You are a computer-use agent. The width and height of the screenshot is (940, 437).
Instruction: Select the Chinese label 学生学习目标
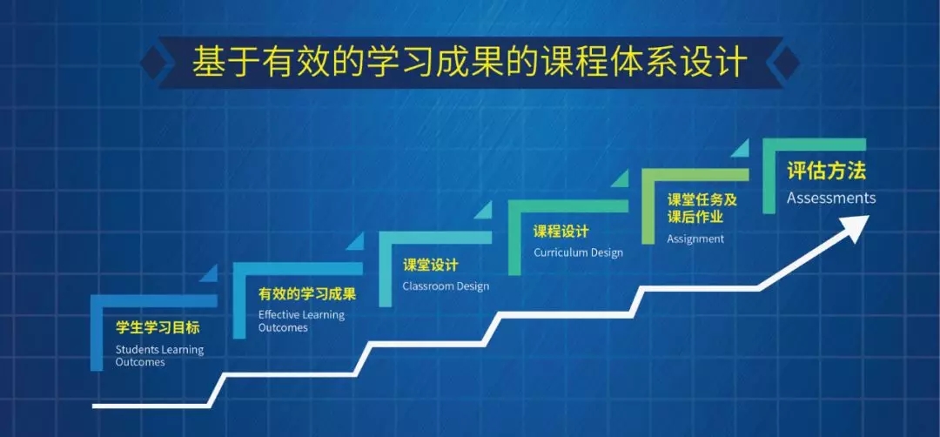158,328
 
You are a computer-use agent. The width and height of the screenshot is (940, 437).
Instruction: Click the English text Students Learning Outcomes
159,356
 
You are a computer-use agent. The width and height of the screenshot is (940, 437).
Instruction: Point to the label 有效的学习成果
307,293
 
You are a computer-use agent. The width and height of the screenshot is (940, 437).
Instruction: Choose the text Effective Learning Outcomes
301,321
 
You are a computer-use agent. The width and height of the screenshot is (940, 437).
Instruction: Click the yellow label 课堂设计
430,265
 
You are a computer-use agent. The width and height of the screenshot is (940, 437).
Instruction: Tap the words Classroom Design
446,286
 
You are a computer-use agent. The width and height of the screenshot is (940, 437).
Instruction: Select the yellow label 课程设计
561,231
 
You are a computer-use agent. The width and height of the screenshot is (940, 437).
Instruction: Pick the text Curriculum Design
578,252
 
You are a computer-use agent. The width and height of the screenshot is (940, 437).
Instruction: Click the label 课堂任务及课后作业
702,208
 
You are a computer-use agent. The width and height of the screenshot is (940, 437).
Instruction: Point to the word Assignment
695,239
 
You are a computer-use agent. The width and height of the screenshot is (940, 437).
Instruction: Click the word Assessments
831,198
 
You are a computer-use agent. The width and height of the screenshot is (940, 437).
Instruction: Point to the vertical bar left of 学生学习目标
97,333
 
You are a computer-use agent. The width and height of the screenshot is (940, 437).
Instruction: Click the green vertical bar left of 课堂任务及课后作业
648,206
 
